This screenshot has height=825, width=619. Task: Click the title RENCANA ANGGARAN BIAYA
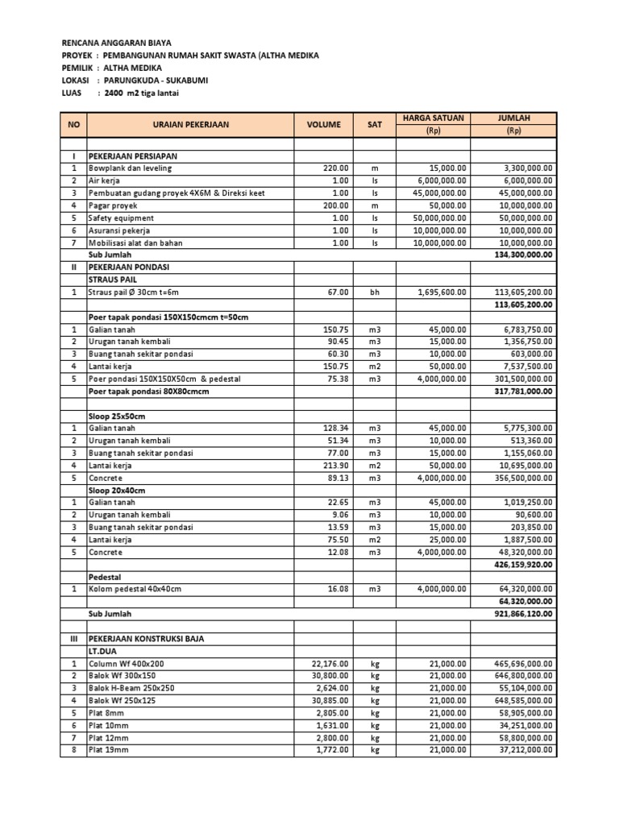(x=117, y=42)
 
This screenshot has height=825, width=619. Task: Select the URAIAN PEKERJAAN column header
(x=190, y=125)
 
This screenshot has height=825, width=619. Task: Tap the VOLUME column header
(x=323, y=125)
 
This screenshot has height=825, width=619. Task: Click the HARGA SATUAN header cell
(x=433, y=118)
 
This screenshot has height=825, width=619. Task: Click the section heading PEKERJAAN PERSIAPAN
(x=133, y=155)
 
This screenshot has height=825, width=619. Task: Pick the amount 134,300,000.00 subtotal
(x=521, y=255)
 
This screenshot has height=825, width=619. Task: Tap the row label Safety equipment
(x=122, y=218)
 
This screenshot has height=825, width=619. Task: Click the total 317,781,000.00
(x=521, y=392)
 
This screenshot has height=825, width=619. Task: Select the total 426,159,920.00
(x=521, y=565)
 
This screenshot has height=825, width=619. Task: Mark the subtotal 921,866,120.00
(x=521, y=614)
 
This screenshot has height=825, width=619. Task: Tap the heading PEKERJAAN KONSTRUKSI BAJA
(x=146, y=639)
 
